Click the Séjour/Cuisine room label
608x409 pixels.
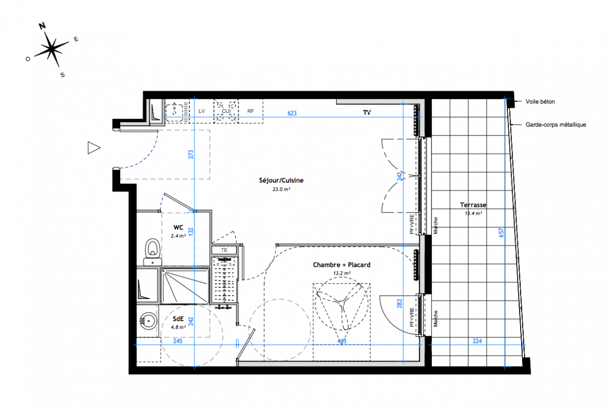281,180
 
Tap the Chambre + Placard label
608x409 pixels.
342,265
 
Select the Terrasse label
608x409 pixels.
473,205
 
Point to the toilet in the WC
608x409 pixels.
153,252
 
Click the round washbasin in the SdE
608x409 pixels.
148,321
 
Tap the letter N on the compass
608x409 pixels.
42,26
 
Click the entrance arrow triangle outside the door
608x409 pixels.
94,148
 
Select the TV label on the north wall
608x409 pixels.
367,112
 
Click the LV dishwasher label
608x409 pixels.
202,111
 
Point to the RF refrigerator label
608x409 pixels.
251,111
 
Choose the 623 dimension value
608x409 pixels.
292,113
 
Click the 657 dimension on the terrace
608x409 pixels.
501,233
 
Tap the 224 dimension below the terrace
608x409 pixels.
477,341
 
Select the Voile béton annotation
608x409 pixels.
540,102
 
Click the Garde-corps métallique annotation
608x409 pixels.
556,125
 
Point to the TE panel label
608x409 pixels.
224,251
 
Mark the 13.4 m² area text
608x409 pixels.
474,213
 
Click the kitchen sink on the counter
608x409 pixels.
175,110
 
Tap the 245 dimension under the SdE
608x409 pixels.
178,341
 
